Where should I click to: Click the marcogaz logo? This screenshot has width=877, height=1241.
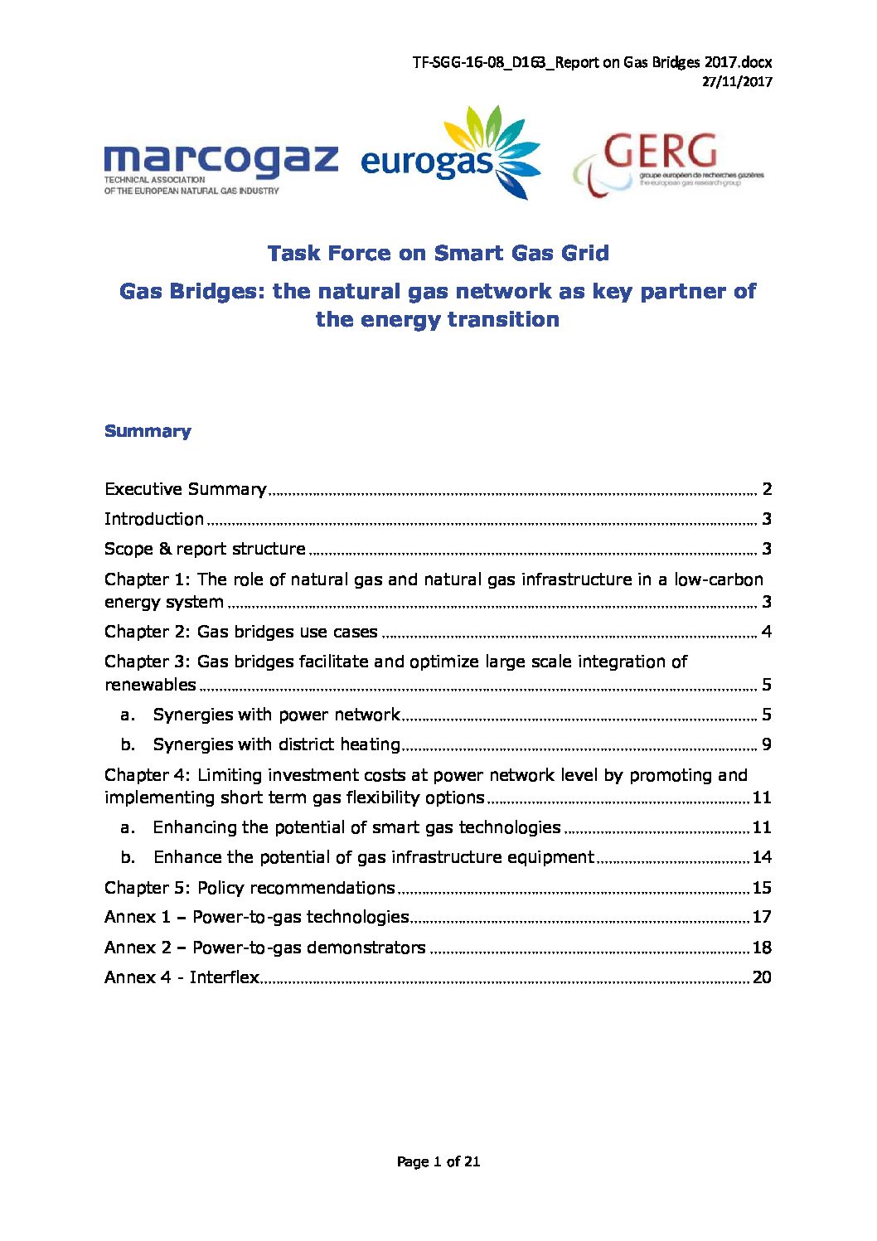pos(220,166)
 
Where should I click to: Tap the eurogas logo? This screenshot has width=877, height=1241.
pos(450,155)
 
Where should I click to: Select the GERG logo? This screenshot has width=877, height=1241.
pos(668,163)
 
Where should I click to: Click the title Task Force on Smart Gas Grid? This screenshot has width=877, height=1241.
pos(438,253)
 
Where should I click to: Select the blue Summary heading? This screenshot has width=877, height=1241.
pos(148,431)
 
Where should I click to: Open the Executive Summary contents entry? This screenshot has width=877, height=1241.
pos(186,489)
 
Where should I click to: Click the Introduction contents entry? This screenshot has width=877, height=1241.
pos(154,519)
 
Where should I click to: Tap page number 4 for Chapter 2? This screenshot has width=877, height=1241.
pos(766,632)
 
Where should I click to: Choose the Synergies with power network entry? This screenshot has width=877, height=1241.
pos(276,715)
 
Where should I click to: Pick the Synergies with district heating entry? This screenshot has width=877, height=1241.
pos(276,744)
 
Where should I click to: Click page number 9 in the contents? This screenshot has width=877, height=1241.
pos(766,744)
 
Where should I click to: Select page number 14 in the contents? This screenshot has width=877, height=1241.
pos(761,857)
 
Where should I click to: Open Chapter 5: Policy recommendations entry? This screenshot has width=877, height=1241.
pos(250,888)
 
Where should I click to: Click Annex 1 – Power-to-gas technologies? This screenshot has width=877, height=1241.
pos(257,917)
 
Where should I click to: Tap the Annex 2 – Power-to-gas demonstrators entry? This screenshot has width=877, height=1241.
pos(265,948)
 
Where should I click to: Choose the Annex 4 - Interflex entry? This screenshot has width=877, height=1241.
pos(182,977)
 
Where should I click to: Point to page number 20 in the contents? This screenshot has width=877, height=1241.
pos(761,977)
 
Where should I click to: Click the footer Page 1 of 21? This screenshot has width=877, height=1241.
pos(438,1161)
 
